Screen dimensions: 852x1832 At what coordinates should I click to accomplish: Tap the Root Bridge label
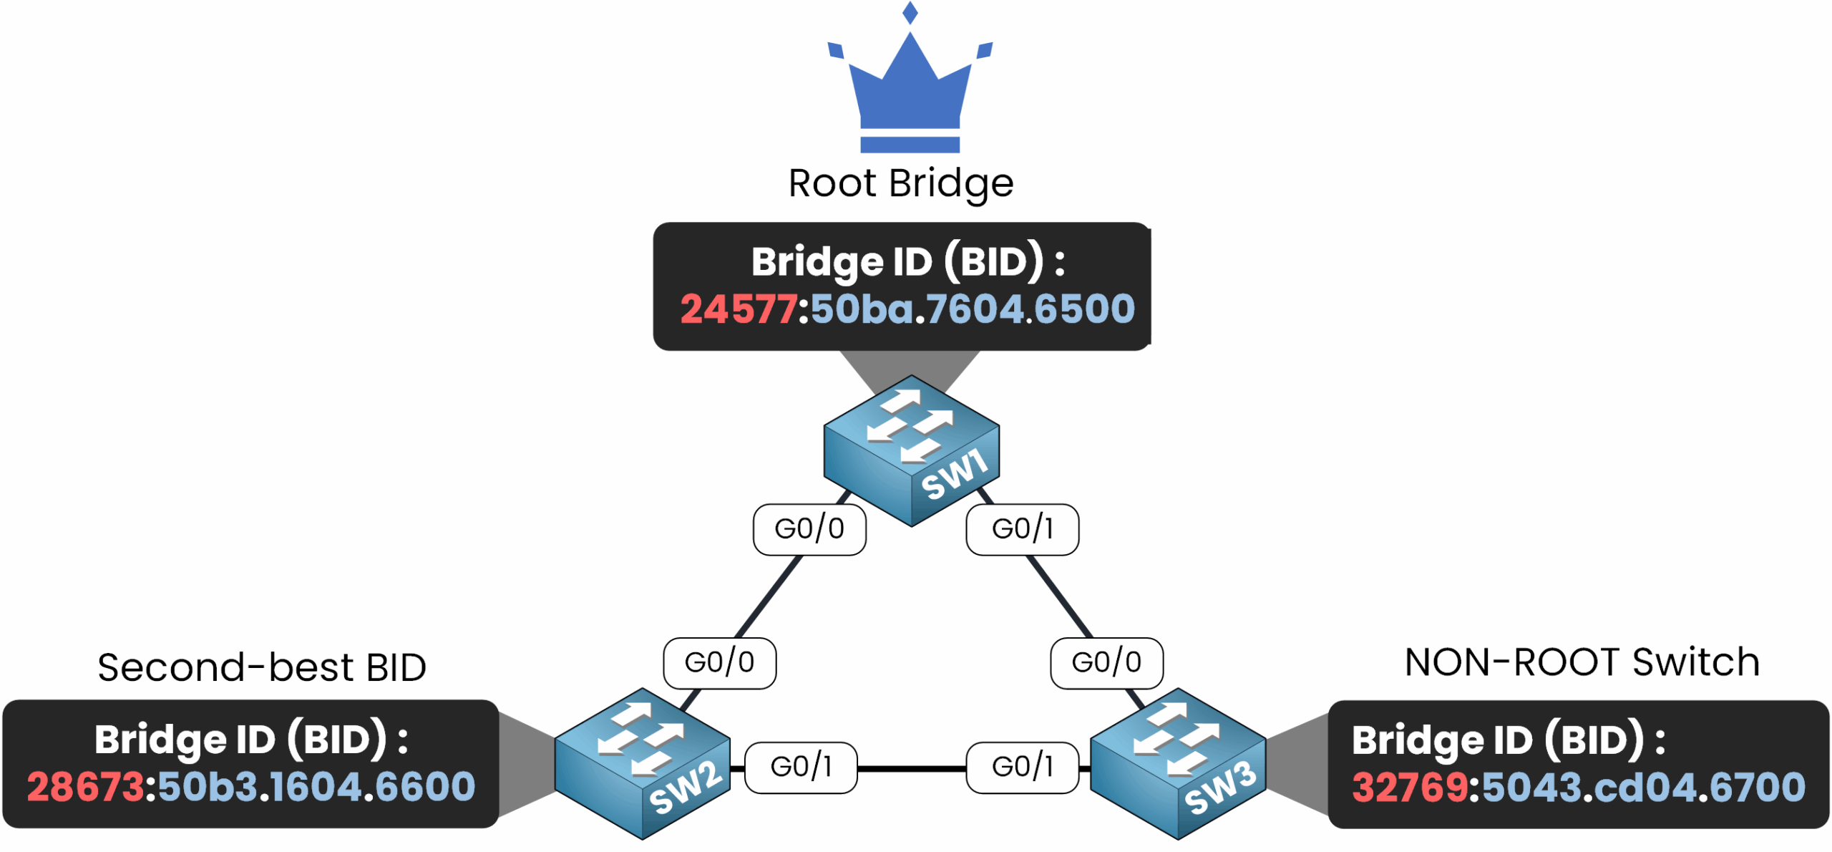coord(901,183)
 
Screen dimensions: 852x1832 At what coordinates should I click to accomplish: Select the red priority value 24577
coord(738,309)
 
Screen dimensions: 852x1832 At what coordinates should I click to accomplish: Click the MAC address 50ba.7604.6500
coord(973,309)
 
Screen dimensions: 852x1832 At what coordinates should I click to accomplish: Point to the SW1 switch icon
coord(911,451)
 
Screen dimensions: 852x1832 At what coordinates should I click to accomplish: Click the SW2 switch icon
coord(642,763)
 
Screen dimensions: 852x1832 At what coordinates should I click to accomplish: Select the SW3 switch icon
coord(1178,763)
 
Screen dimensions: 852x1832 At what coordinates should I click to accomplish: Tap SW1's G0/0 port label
coord(809,529)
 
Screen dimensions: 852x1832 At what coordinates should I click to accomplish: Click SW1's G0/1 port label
coord(1022,529)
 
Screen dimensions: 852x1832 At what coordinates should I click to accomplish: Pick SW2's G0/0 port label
coord(719,662)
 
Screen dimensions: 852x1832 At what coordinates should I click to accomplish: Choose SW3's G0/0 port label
coord(1106,662)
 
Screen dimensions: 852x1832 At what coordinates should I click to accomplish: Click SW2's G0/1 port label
coord(801,767)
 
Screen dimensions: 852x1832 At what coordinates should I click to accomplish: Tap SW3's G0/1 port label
coord(1022,767)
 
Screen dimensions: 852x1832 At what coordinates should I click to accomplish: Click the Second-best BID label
coord(262,667)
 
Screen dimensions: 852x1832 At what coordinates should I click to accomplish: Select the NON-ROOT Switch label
coord(1582,662)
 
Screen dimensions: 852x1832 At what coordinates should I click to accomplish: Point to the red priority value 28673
coord(86,787)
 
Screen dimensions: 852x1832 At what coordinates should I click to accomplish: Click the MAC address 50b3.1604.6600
coord(316,787)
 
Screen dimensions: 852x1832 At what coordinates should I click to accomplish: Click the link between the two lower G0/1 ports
coord(911,768)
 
